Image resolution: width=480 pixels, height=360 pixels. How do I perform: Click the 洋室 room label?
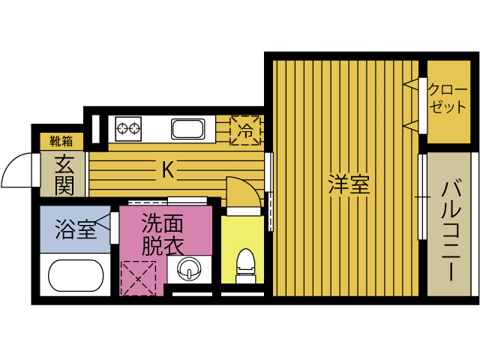tap(349, 184)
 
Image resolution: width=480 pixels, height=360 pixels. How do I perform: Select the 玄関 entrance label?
tap(63, 175)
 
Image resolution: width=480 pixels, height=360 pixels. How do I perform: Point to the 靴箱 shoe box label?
tap(61, 141)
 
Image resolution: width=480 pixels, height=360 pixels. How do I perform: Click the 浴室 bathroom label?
tap(76, 228)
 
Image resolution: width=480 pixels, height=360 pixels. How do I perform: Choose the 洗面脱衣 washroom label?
tap(163, 234)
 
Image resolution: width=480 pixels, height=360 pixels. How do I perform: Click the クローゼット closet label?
tap(448, 97)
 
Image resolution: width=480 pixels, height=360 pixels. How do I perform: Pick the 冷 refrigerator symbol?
tap(246, 129)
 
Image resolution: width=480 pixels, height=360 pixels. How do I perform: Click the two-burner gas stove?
tap(128, 128)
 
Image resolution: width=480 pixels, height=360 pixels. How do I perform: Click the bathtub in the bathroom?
tap(76, 274)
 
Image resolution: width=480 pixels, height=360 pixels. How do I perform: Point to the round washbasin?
tap(190, 268)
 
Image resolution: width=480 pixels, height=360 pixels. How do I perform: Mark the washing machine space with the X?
tap(137, 277)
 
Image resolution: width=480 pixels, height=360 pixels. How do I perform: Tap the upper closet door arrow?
tap(410, 85)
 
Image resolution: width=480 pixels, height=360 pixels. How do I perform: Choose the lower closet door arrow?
tap(410, 124)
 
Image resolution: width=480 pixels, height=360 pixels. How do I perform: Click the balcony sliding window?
tap(421, 196)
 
